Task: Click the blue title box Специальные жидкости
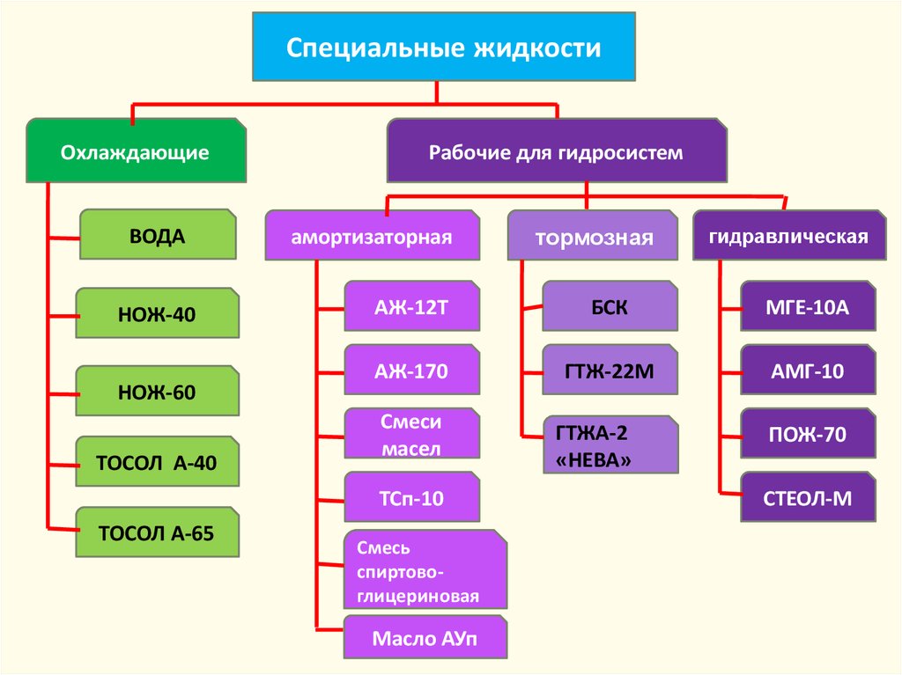coord(444,47)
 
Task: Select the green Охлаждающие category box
coord(136,152)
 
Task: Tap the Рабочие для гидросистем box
coord(556,152)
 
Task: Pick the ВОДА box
coord(158,235)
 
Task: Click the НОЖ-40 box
coord(158,313)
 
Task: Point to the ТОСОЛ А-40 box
coord(158,462)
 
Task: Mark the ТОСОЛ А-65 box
coord(158,532)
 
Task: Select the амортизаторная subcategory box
coord(373,236)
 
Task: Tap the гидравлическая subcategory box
coord(789,236)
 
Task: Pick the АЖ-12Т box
coord(411,305)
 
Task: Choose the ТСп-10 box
coord(411,499)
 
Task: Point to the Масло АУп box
coord(425,638)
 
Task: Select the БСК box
coord(610,306)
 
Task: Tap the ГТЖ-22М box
coord(610,371)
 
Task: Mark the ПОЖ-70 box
coord(808,433)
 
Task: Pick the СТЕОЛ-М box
coord(808,498)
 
